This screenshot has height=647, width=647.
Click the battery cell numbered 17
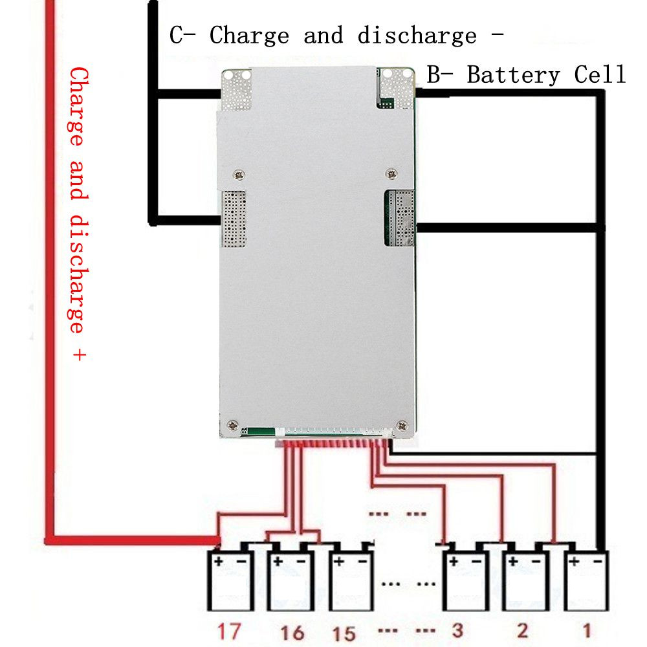point(230,582)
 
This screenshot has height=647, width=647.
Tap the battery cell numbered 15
point(350,582)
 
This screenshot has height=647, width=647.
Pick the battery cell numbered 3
point(464,582)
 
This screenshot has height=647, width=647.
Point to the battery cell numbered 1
point(586,582)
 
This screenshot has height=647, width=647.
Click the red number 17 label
point(228,631)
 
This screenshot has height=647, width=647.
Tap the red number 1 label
point(586,631)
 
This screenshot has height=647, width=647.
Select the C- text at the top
point(183,35)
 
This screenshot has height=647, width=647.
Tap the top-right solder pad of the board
point(395,87)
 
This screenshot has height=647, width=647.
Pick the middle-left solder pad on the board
point(234,219)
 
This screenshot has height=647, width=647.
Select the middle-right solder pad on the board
point(399,217)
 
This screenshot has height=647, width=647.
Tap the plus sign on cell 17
point(219,562)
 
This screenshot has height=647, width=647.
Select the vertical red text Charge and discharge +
point(78,214)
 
